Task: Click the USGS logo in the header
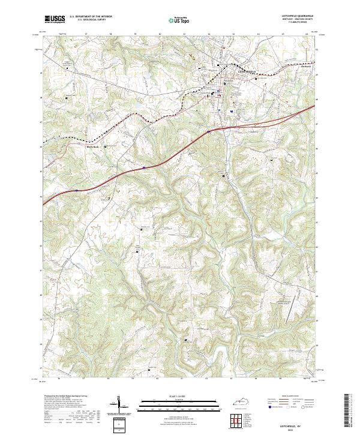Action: pyautogui.click(x=55, y=19)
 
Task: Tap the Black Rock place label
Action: pyautogui.click(x=92, y=145)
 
